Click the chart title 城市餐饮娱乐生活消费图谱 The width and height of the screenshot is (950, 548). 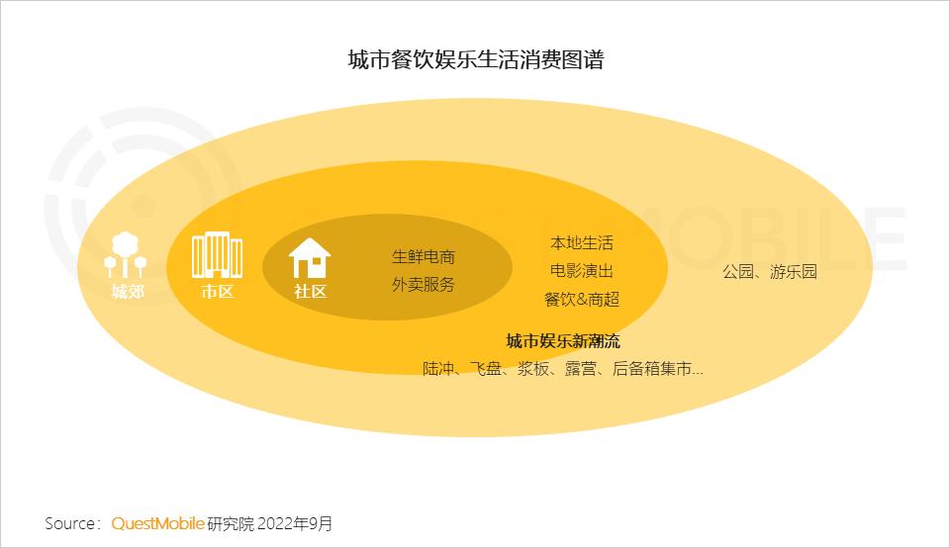pos(475,59)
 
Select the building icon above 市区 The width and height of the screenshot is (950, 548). pos(217,255)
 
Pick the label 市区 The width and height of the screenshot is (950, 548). pos(217,292)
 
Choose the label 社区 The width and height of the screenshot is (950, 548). pos(310,292)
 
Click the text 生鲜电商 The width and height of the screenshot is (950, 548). pos(424,257)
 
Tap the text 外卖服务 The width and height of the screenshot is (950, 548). pos(424,285)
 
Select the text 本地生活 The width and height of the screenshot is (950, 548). pos(582,243)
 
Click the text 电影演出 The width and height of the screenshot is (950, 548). pos(582,271)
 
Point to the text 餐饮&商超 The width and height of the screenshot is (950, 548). pos(582,299)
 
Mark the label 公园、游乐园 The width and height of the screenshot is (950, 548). pos(770,272)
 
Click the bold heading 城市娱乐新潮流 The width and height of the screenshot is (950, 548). pos(562,341)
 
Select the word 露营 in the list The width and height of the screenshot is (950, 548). pos(581,369)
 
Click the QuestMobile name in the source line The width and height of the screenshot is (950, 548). pos(158,523)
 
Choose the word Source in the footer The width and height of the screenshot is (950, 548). pos(69,523)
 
